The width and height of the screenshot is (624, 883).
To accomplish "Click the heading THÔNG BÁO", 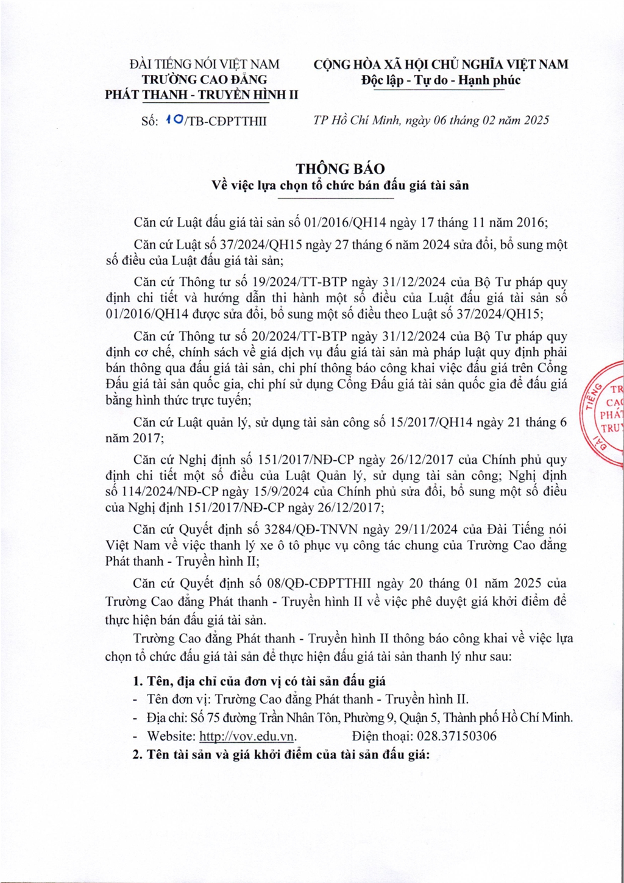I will click(340, 169).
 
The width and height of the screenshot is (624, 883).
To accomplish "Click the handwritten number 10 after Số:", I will click(172, 120).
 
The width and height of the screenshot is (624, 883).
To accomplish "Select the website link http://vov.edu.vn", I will click(247, 736).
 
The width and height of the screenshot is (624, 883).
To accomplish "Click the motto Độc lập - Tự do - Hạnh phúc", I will click(441, 80).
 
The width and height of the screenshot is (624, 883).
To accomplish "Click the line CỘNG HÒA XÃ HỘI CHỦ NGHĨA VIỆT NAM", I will click(441, 64).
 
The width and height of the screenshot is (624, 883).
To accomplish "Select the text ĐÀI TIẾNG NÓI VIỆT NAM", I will click(204, 64).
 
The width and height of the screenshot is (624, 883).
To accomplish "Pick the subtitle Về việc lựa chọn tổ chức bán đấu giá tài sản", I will click(340, 185).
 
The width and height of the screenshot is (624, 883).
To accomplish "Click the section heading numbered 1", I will click(259, 681).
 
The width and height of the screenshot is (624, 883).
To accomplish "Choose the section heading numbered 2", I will click(281, 754).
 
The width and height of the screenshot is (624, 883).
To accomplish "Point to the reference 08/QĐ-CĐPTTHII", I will click(323, 584).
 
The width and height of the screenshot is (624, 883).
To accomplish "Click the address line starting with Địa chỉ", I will click(360, 718).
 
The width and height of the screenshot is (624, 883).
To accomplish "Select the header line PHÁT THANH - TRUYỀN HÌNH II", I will click(202, 95).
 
